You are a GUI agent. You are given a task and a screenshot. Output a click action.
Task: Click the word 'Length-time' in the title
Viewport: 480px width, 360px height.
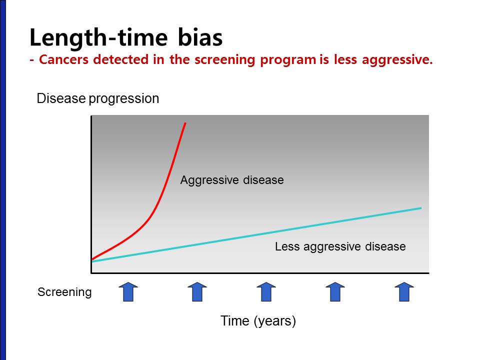[x=98, y=38]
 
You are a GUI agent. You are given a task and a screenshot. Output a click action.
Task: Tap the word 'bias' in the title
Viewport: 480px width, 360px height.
[x=200, y=37]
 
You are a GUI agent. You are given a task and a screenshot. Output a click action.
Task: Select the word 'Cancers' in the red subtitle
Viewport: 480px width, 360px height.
[x=63, y=59]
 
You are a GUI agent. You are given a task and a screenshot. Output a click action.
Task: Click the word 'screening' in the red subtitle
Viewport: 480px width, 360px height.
[x=224, y=60]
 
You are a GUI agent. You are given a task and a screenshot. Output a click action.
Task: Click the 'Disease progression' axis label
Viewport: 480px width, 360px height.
[x=98, y=99]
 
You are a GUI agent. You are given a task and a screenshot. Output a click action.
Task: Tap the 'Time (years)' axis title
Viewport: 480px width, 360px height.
[x=258, y=321]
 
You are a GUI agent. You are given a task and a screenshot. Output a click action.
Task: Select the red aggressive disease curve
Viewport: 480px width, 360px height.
[x=153, y=210]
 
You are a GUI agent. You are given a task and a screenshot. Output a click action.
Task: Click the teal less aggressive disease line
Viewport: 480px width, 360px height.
[x=256, y=235]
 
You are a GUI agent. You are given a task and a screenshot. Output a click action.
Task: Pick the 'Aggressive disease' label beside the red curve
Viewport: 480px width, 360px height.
[x=232, y=180]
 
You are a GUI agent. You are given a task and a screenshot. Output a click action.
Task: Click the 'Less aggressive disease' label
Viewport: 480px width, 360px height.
[x=340, y=246]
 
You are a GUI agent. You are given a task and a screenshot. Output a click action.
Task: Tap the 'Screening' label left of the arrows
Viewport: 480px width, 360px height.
[x=64, y=292]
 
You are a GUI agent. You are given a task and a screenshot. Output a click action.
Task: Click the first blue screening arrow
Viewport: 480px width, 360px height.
[x=128, y=291]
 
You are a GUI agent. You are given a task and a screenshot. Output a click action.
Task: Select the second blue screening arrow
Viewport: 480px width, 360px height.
[x=197, y=291]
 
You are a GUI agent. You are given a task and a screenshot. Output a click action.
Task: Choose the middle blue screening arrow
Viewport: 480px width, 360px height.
[x=266, y=291]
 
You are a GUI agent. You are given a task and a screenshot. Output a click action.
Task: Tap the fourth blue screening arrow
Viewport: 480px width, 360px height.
[x=335, y=291]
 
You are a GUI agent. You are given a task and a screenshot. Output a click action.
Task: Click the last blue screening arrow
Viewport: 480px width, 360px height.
[x=404, y=291]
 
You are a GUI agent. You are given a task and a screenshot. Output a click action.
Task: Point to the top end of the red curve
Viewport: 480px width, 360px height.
[x=185, y=123]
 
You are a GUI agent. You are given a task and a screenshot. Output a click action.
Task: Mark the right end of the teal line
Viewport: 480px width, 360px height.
[x=421, y=208]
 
